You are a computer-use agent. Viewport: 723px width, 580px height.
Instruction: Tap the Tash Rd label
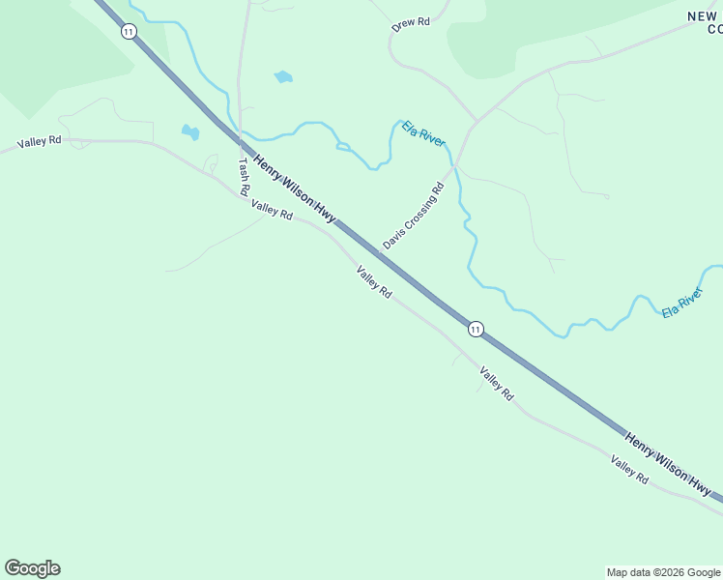(x=244, y=172)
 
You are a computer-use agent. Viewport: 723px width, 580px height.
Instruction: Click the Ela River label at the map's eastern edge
(x=682, y=303)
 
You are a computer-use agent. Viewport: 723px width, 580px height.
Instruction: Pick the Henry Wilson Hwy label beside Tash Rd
(x=294, y=188)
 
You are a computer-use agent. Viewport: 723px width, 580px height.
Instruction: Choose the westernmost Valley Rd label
(x=40, y=141)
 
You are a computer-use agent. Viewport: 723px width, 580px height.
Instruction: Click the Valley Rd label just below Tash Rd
(x=272, y=209)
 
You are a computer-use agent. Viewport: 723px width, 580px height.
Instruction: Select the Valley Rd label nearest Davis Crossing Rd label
(x=373, y=281)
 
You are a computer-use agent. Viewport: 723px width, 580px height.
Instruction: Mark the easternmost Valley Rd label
(x=629, y=469)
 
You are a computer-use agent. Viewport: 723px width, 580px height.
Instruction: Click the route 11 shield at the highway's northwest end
(x=129, y=31)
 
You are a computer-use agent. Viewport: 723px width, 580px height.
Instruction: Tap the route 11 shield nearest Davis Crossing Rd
(x=475, y=330)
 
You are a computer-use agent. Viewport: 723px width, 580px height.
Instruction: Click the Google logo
(x=32, y=568)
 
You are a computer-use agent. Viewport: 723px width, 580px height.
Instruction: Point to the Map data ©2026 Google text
(x=664, y=572)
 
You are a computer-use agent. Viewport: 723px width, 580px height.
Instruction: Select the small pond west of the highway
(x=189, y=132)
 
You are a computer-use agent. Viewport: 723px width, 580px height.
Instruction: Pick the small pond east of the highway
(x=283, y=76)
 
